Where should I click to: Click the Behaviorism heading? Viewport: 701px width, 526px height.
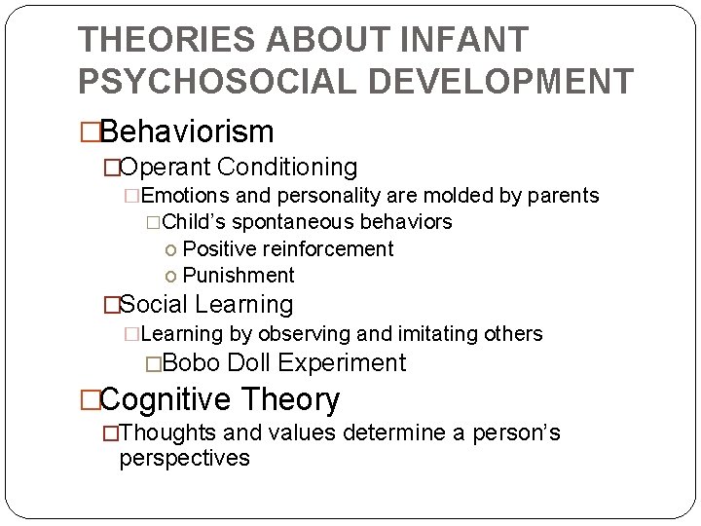pyautogui.click(x=187, y=131)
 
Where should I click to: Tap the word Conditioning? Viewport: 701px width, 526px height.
pyautogui.click(x=287, y=168)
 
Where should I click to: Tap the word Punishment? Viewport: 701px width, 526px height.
pyautogui.click(x=239, y=276)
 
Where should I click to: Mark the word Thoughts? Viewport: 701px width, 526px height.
pyautogui.click(x=170, y=432)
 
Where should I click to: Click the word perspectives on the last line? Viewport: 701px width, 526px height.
pyautogui.click(x=184, y=458)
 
